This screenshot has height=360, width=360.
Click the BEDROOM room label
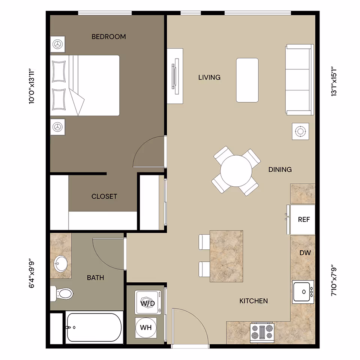pos(109,37)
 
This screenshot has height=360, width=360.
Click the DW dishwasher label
pos(305,253)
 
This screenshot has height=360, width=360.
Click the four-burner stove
pos(262,333)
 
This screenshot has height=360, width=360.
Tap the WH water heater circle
pos(145,327)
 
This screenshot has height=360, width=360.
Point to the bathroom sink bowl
pos(60,264)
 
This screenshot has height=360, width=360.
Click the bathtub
pos(94,327)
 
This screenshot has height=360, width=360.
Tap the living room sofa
pos(299,79)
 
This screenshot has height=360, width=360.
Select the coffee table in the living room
pos(247,80)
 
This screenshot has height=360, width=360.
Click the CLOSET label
pos(104,196)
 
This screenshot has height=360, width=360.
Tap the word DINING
pos(280,169)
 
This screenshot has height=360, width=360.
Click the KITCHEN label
pos(254,301)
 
